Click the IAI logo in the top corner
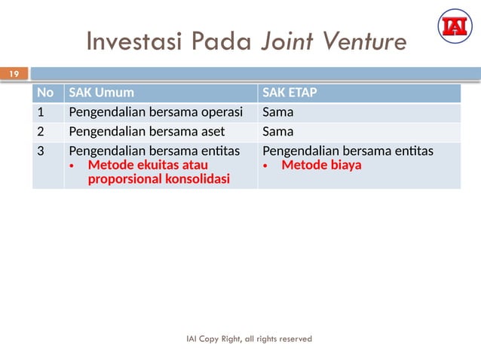pos(454,26)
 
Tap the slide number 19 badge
pos(14,74)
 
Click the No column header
pos(45,93)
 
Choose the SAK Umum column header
pos(102,93)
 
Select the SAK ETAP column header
pos(290,93)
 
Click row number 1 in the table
pos(42,113)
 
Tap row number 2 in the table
pos(42,132)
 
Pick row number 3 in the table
pos(42,151)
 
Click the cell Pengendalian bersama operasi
pos(155,113)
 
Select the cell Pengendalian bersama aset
pos(146,132)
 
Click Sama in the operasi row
pos(277,113)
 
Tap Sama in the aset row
pos(277,132)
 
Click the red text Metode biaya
pos(321,165)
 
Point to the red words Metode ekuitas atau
pos(147,165)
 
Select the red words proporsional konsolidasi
pos(158,179)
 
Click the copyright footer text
pos(249,339)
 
